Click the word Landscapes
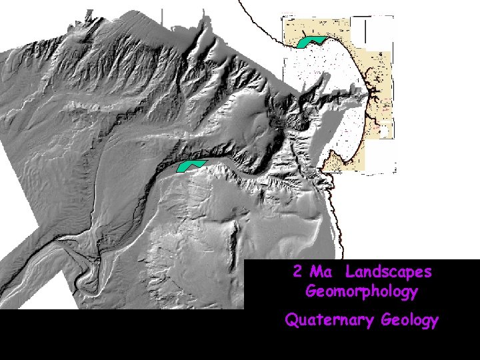click(389, 272)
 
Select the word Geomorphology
click(361, 291)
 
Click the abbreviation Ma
click(321, 272)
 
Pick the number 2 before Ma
click(297, 272)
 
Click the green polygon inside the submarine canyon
click(191, 167)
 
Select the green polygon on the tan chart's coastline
click(311, 41)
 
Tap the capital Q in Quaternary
click(291, 320)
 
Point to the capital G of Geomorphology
click(311, 291)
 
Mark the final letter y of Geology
click(434, 322)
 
